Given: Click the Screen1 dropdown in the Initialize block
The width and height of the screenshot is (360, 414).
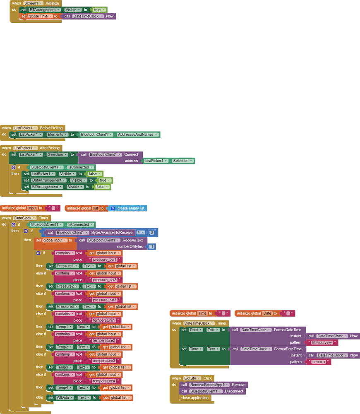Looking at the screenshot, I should click(33, 3).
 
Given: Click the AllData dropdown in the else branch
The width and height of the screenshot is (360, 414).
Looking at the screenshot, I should click(66, 397).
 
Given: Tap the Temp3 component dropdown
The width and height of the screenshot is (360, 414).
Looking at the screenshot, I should click(65, 367).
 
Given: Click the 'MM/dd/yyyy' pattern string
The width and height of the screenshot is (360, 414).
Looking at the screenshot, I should click(322, 343).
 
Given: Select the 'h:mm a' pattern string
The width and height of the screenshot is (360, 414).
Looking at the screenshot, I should click(318, 362).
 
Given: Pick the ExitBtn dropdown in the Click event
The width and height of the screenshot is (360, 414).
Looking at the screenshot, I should click(193, 378).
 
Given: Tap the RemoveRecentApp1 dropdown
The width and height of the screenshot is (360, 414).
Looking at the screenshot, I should click(209, 385).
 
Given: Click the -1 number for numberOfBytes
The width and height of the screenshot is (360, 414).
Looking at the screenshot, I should click(152, 247).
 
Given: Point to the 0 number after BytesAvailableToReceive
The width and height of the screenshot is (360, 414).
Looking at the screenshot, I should click(152, 233).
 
